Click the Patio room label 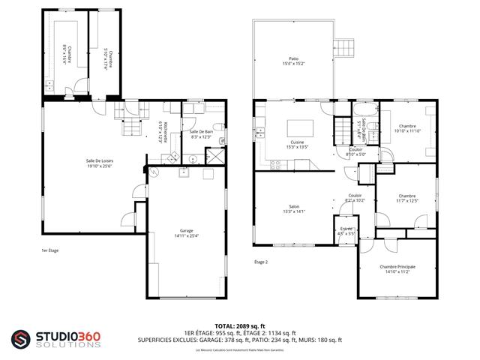click(x=294, y=58)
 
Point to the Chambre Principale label click(x=397, y=267)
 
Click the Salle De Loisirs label click(x=99, y=161)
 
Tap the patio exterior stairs click(x=343, y=46)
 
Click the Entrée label click(x=346, y=229)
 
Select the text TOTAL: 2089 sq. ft click(x=239, y=325)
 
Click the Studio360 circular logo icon click(x=21, y=339)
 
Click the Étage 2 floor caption click(x=261, y=262)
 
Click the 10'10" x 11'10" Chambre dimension click(x=407, y=130)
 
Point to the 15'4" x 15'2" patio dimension click(x=294, y=63)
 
